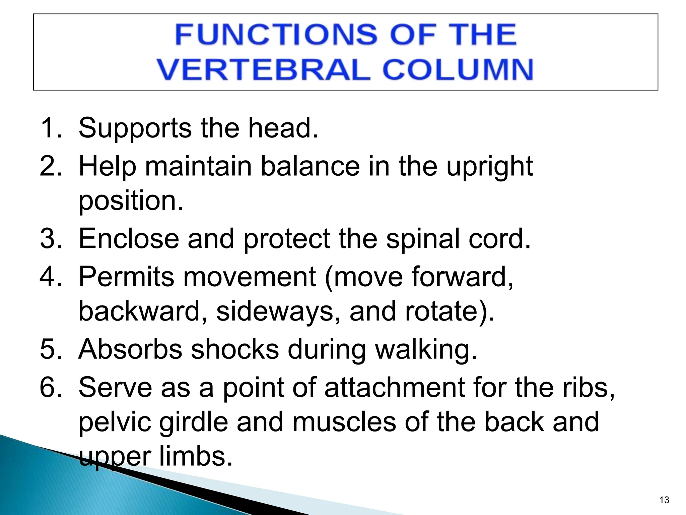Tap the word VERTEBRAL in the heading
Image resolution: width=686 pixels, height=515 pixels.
click(x=263, y=70)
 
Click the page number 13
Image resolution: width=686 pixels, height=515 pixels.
click(x=664, y=500)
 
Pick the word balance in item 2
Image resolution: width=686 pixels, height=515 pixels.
click(x=310, y=166)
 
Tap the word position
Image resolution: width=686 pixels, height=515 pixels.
click(x=131, y=201)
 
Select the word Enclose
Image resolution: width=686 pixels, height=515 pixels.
click(x=129, y=238)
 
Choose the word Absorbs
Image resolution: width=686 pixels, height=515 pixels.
click(x=130, y=349)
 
